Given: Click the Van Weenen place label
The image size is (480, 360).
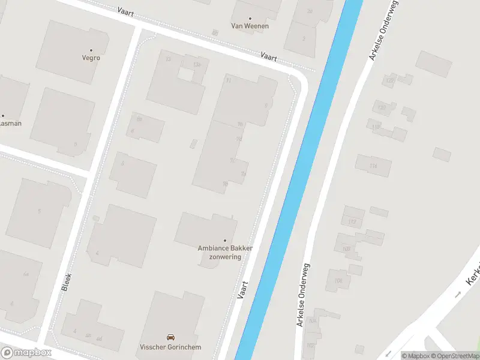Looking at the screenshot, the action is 250,26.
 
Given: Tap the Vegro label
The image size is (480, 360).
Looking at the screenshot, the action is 91,58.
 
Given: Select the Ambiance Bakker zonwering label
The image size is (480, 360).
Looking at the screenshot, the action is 225,252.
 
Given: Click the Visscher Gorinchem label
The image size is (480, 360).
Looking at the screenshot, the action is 170,347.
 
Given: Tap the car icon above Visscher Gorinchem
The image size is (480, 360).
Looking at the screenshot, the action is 170,337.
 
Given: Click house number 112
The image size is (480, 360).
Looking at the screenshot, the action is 352,222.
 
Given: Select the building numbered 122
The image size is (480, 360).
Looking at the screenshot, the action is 390,80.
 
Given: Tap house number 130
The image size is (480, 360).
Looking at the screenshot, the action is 381,108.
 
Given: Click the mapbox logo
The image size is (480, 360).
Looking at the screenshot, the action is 26,353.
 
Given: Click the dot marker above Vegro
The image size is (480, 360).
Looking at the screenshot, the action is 91,50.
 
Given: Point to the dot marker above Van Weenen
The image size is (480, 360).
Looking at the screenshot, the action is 250,18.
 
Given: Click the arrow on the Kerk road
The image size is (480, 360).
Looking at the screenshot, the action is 458,294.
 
